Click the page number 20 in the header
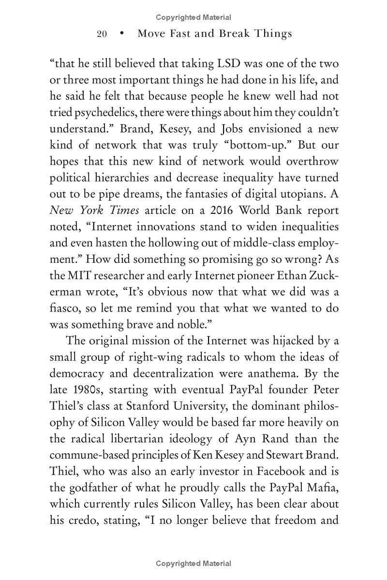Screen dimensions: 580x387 [102, 33]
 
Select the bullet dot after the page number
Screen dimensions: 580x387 [122, 33]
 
